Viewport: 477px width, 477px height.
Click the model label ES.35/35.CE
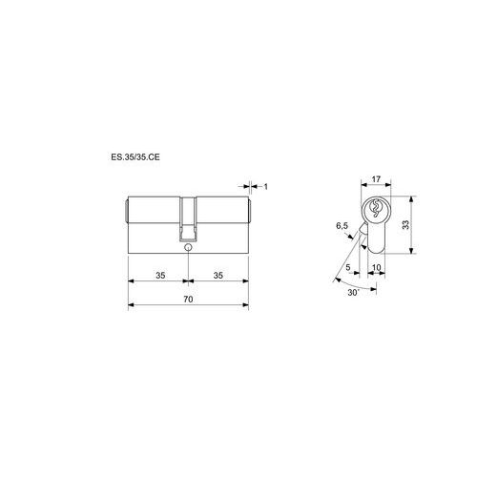135,157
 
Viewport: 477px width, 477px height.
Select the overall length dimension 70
188,300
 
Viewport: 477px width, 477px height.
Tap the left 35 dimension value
160,276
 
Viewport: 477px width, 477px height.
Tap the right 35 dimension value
218,276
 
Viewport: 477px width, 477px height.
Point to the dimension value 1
266,187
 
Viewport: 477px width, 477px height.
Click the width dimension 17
376,179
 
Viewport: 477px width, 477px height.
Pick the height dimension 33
405,225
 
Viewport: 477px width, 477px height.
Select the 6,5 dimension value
342,226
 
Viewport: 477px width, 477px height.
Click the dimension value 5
348,267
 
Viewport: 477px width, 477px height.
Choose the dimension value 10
376,267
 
